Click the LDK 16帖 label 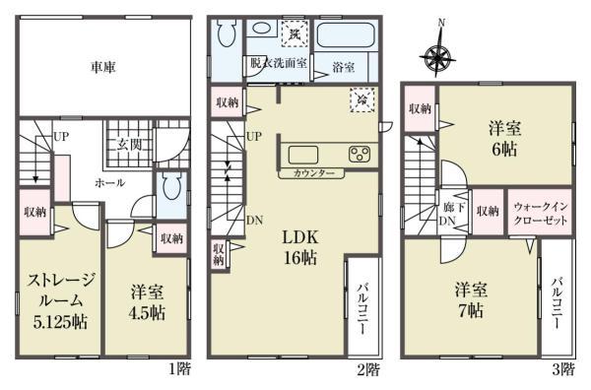(299, 247)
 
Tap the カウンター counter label (313, 173)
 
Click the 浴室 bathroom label (343, 69)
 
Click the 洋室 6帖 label (504, 138)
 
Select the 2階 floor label (367, 370)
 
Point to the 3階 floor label (562, 370)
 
